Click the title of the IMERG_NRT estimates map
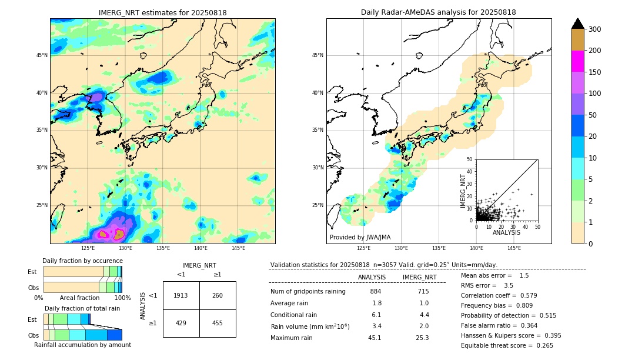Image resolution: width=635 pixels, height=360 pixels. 162,12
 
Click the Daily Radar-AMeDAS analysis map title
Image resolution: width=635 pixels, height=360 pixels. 439,12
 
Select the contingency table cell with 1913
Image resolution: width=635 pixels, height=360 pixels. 181,295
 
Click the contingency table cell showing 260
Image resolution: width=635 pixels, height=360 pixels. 218,295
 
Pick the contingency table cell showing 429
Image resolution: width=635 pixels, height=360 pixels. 181,324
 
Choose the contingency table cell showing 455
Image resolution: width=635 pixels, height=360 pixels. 218,324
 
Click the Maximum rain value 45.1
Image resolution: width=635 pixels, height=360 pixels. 375,338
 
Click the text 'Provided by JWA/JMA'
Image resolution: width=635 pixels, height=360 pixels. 360,237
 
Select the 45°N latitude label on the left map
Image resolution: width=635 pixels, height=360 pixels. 42,55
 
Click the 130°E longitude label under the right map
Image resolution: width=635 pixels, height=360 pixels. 401,248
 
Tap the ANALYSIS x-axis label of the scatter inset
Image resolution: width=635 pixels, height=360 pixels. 507,233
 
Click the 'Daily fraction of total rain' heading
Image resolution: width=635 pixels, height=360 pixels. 82,308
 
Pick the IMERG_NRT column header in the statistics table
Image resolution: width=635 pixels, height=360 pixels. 419,277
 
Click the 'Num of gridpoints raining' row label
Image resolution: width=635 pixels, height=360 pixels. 308,291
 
